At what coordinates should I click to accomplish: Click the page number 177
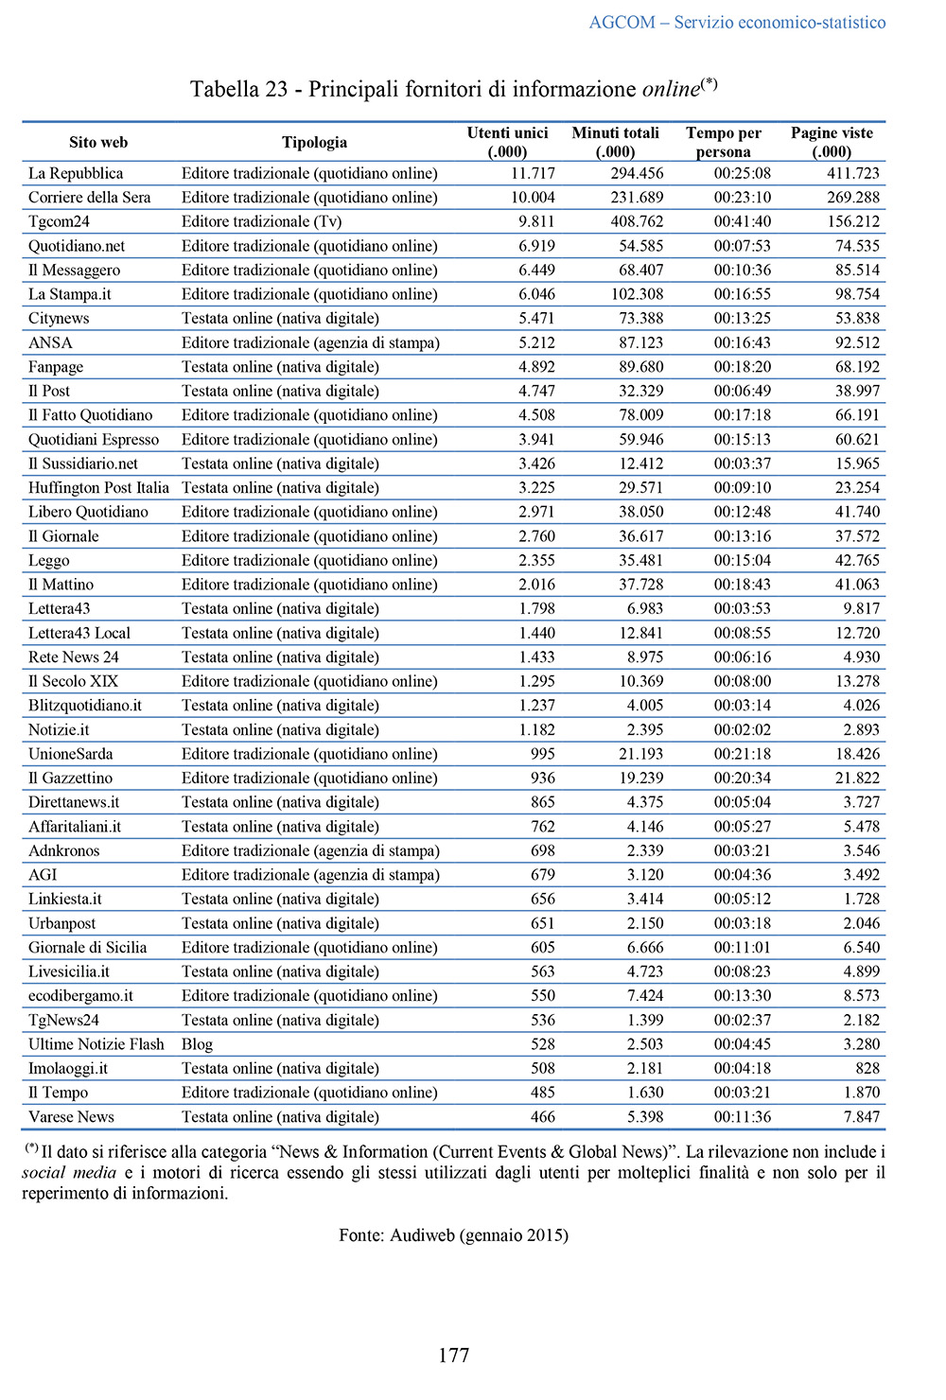[454, 1355]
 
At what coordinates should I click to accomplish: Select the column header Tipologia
[314, 142]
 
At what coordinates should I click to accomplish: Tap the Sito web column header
[97, 142]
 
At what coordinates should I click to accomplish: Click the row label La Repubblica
[76, 173]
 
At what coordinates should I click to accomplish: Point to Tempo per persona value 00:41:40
[742, 221]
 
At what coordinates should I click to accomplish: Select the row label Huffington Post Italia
[98, 487]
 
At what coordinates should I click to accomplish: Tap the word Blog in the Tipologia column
[197, 1044]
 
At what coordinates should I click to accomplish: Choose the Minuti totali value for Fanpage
[640, 367]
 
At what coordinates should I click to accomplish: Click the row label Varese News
[71, 1116]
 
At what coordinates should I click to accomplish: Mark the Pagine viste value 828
[867, 1068]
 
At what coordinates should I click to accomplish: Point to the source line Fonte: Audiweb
[453, 1234]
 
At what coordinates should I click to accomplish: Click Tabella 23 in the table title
[238, 89]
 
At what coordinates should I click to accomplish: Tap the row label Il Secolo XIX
[73, 681]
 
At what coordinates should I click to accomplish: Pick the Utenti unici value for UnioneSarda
[542, 754]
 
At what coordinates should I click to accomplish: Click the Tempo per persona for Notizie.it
[742, 729]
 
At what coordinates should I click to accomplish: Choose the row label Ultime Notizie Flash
[96, 1044]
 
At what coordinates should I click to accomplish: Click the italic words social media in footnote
[69, 1173]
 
